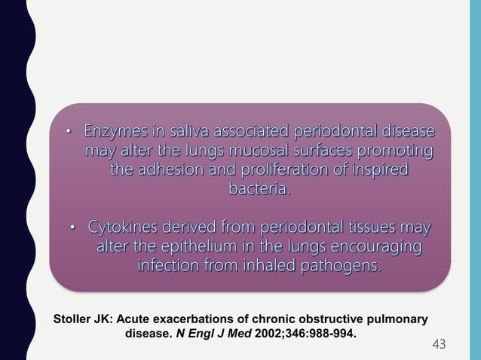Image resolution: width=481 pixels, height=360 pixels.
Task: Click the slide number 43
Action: [x=439, y=344]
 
